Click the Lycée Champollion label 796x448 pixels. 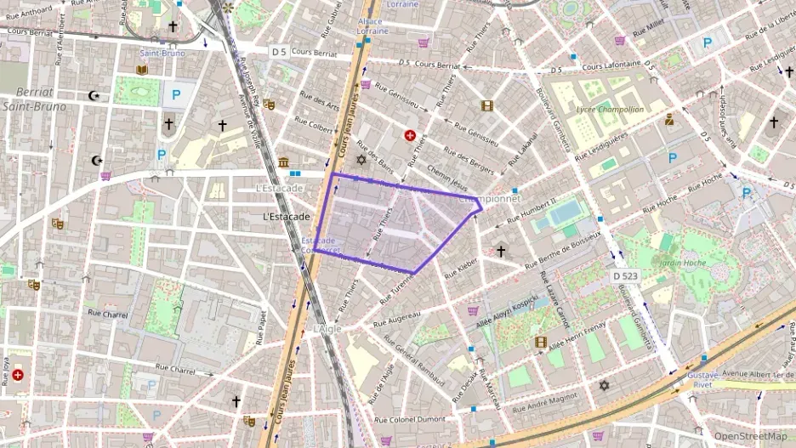(x=609, y=109)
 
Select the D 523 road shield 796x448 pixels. (x=627, y=277)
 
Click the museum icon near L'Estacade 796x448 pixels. (x=282, y=162)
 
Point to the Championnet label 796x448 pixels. (x=490, y=198)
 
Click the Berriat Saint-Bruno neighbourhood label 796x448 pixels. (x=33, y=99)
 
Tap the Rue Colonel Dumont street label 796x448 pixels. (x=410, y=419)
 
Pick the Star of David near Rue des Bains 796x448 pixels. (x=361, y=159)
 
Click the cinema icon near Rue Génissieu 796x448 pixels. (x=486, y=106)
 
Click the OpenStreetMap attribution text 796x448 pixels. (x=750, y=437)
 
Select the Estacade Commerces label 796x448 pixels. (x=321, y=246)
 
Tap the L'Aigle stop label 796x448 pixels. (x=327, y=328)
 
